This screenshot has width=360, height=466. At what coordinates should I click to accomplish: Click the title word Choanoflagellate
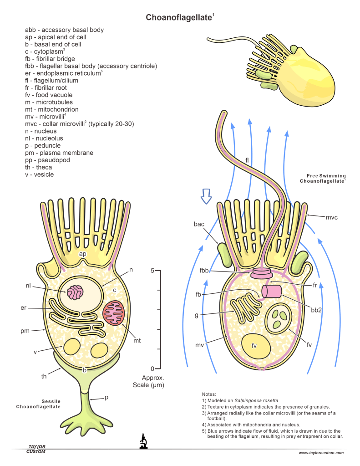pyautogui.click(x=179, y=17)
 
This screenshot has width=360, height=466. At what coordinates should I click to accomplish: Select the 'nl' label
pyautogui.click(x=29, y=286)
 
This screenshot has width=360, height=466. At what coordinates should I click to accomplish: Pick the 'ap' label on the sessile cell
pyautogui.click(x=83, y=254)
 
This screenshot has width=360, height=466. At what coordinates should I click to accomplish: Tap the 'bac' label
pyautogui.click(x=199, y=225)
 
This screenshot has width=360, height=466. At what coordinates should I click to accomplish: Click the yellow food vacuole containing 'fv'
pyautogui.click(x=255, y=346)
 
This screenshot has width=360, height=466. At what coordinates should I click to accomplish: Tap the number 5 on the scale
pyautogui.click(x=152, y=271)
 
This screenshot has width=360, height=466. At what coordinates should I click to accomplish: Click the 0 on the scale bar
pyautogui.click(x=152, y=369)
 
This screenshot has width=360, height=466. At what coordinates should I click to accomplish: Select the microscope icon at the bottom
pyautogui.click(x=143, y=441)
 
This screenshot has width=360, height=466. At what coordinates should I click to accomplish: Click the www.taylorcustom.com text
pyautogui.click(x=321, y=453)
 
